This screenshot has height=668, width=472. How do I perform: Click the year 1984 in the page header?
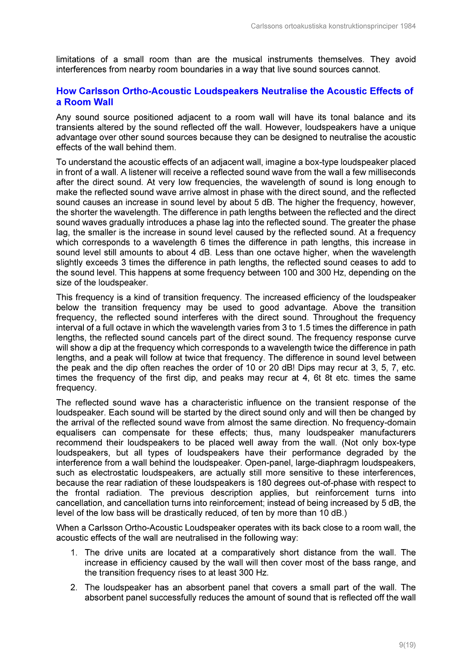pos(408,26)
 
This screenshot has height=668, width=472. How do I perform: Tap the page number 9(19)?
pos(407,645)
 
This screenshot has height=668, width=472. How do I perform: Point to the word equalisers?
pos(76,433)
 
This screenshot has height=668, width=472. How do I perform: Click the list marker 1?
pos(74,553)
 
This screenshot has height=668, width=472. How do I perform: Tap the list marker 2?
pos(74,587)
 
